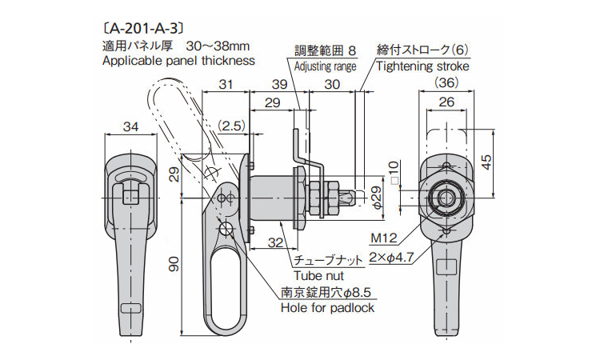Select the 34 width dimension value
click(131, 126)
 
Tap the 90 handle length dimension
click(174, 264)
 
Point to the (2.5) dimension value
click(231, 126)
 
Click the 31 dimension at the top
click(226, 84)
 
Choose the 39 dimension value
click(279, 84)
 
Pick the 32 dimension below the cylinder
click(275, 242)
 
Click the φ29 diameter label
click(377, 198)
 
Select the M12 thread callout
click(384, 238)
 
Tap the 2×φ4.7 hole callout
click(391, 258)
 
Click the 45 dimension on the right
click(486, 162)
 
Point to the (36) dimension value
click(446, 82)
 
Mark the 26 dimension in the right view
click(446, 102)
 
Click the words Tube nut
click(318, 275)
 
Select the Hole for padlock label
click(327, 307)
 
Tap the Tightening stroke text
click(422, 66)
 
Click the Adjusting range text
click(326, 66)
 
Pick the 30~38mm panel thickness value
click(218, 46)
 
